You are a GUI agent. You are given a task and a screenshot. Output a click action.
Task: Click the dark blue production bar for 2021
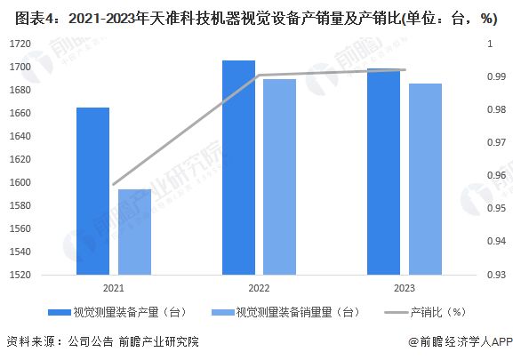92,190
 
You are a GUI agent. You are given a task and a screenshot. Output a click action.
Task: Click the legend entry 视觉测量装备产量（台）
125,312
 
